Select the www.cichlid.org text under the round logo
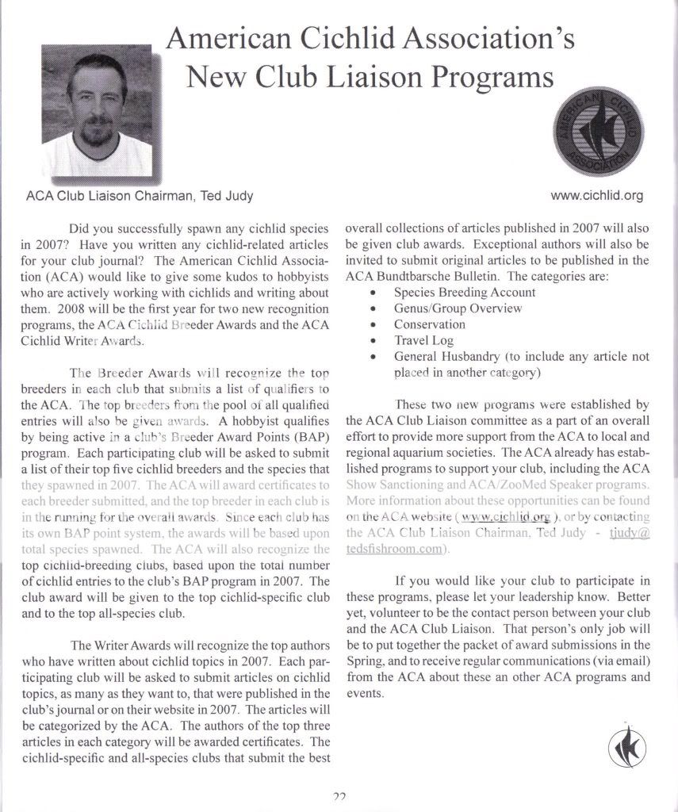tap(596, 195)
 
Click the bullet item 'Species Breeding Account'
tap(464, 292)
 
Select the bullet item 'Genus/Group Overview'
tap(458, 308)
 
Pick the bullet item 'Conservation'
tap(429, 324)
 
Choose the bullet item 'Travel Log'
tap(423, 341)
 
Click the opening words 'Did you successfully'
tap(128, 228)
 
